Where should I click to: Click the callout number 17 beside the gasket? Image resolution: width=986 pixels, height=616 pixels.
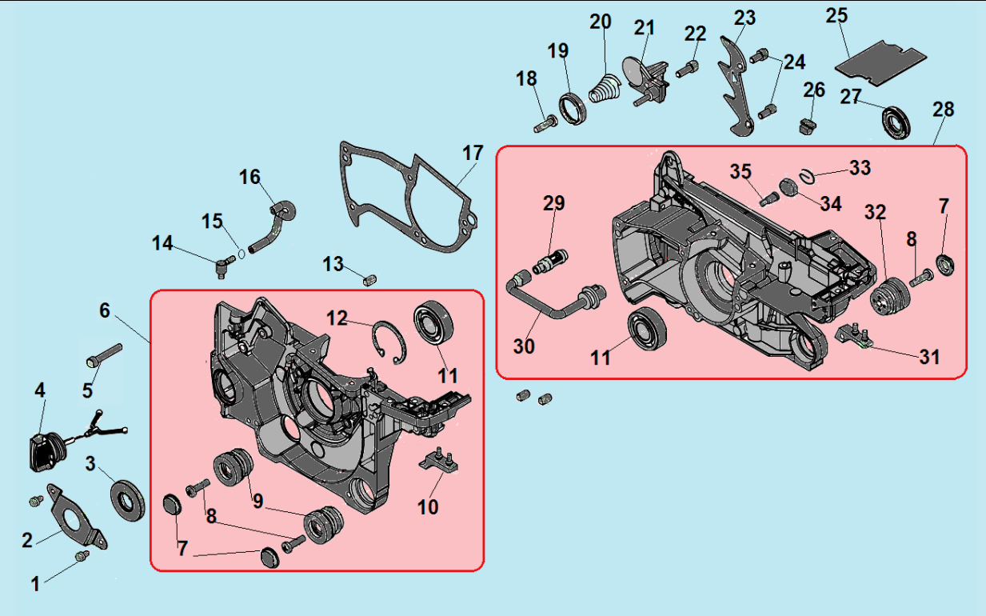[x=473, y=154]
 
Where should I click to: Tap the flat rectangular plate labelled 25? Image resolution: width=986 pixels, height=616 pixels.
[x=880, y=63]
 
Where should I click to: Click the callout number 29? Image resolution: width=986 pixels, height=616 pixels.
[x=553, y=203]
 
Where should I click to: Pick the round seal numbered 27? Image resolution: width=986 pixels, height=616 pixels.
[x=896, y=122]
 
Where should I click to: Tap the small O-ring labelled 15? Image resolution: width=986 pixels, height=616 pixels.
[x=242, y=254]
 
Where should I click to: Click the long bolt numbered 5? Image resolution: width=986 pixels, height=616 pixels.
[x=105, y=355]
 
